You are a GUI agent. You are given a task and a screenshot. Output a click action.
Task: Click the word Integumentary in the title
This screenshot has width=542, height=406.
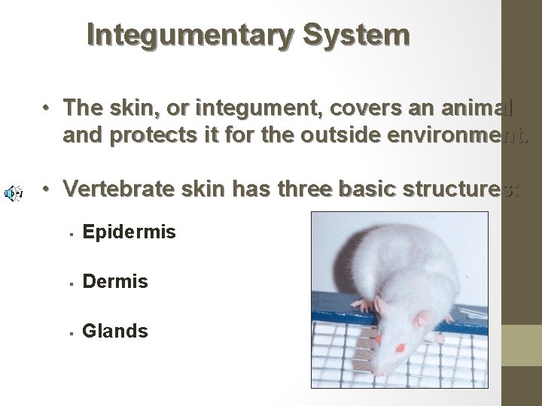tap(181, 35)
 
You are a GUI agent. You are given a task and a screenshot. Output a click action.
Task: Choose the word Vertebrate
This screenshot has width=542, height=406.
tap(119, 189)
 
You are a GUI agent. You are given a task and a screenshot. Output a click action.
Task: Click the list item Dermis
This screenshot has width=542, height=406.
tap(115, 282)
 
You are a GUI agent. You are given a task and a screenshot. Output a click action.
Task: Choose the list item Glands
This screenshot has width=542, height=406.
tap(115, 331)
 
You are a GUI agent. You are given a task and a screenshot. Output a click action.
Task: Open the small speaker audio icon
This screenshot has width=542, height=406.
tap(13, 193)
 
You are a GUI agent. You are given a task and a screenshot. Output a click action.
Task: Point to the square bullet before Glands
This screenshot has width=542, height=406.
tap(69, 332)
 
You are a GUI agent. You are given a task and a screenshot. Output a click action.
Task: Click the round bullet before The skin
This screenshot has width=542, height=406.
tap(46, 108)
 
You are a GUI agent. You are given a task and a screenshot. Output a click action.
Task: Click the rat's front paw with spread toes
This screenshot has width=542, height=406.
tap(364, 304)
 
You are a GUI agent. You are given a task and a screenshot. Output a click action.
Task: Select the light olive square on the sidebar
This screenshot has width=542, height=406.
tap(522, 345)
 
